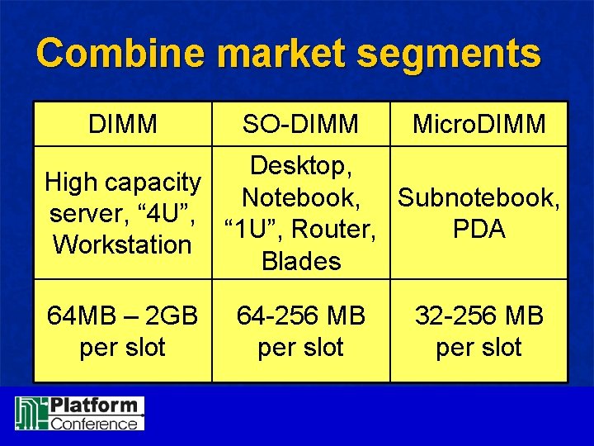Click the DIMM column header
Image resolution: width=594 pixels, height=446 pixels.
123,124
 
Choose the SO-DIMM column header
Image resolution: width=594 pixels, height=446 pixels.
300,124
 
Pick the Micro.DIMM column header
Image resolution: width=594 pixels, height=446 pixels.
478,124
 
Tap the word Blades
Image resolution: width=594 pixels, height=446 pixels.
300,261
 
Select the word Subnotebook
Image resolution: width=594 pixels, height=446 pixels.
478,198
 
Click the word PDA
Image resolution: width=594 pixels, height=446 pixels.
478,230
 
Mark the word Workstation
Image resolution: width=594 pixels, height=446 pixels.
122,245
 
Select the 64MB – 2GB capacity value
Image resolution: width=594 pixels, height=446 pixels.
122,316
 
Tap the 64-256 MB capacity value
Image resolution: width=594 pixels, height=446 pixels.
300,316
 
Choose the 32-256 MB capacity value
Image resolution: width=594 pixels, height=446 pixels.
478,316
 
